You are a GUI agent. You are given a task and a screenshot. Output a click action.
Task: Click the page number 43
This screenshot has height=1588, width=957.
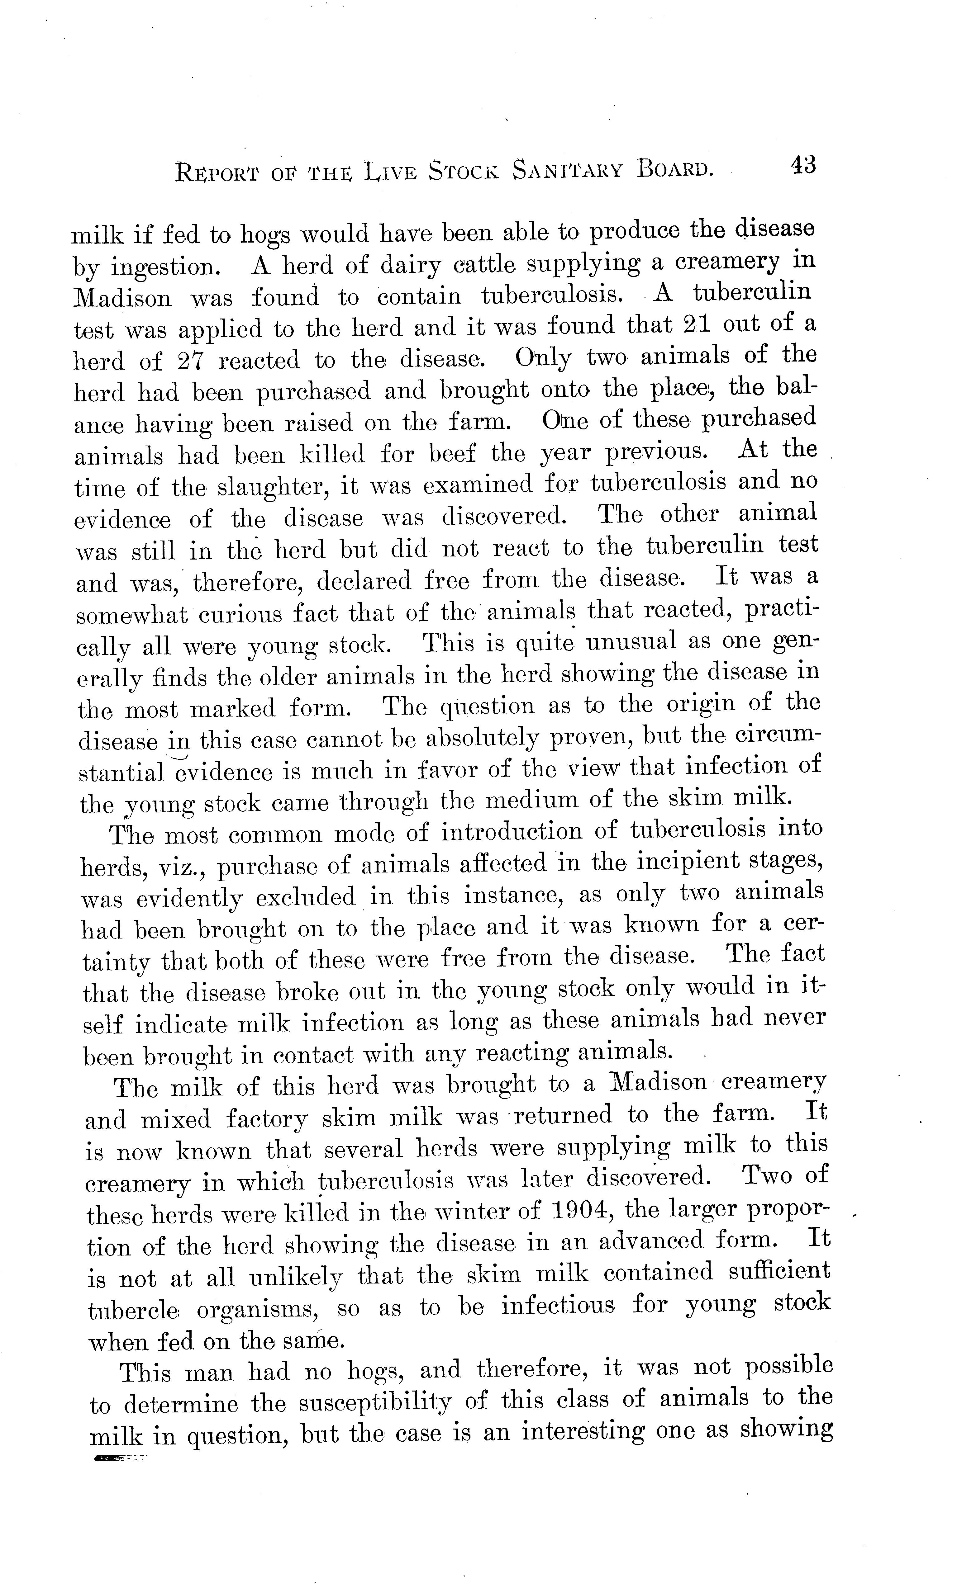(802, 166)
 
